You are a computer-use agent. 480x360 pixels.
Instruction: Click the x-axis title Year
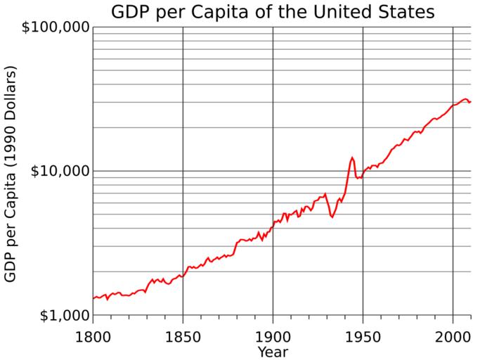(273, 351)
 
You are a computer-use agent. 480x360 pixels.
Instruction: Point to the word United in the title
(343, 12)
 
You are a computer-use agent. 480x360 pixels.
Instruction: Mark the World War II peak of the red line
(352, 157)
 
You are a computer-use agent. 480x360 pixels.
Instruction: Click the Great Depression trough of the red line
(332, 217)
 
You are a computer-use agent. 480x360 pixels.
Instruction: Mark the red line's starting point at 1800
(93, 298)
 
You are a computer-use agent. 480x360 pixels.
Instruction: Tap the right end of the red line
(470, 102)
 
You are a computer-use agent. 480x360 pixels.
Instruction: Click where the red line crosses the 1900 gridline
(273, 224)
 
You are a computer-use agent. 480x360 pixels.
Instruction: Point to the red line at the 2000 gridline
(453, 105)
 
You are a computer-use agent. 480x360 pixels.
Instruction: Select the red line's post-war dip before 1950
(358, 179)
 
